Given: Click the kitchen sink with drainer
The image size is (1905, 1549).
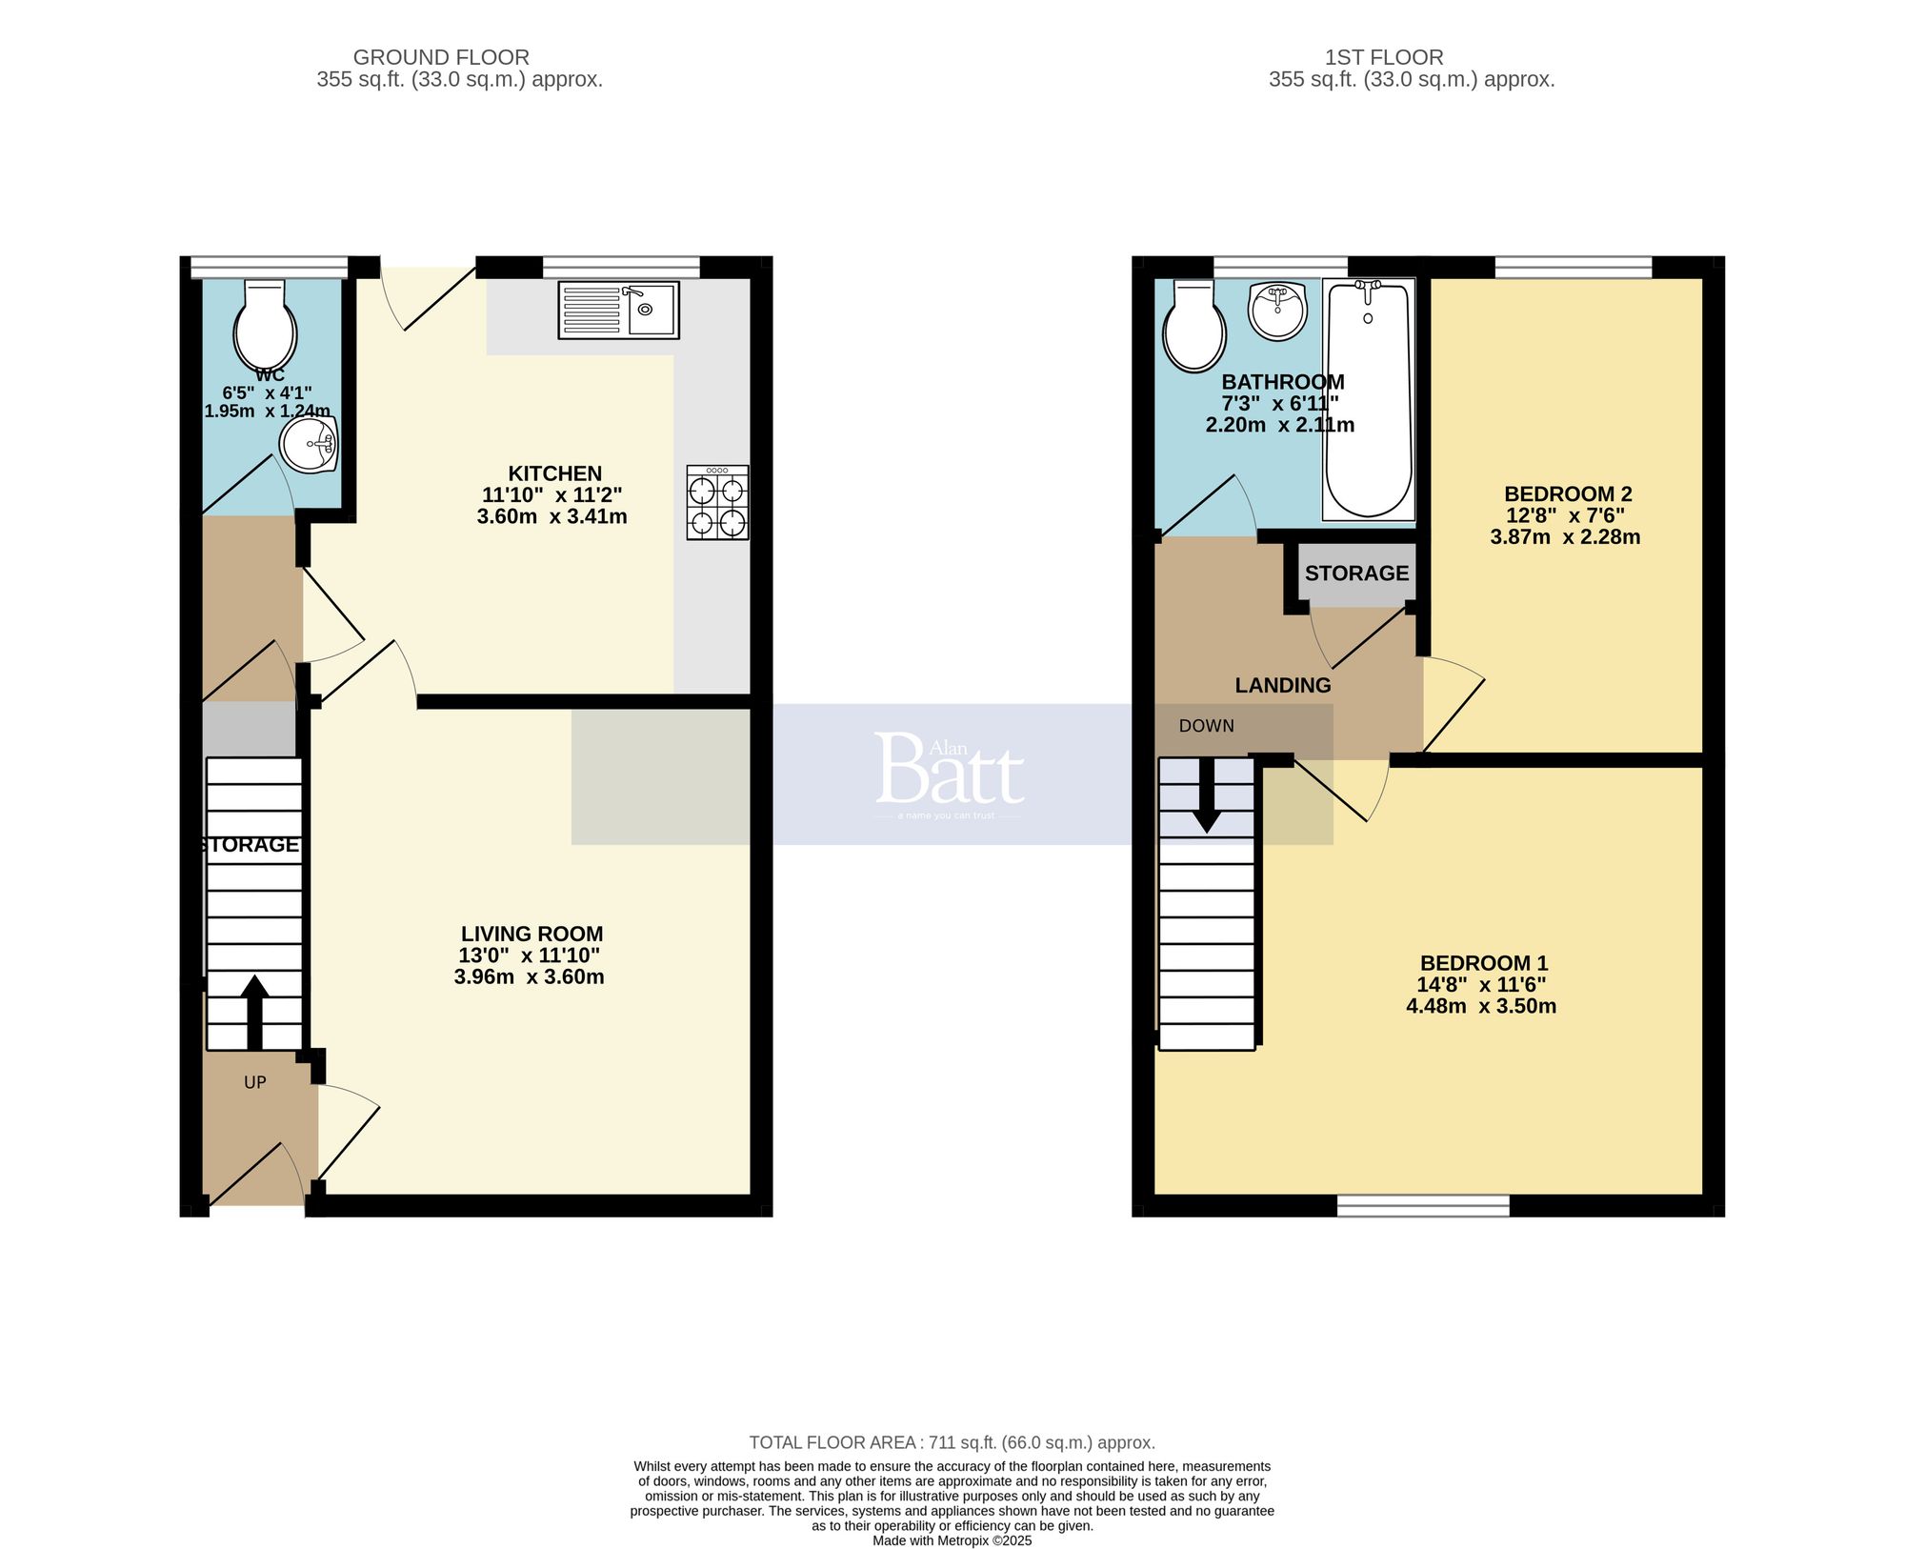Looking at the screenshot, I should coord(618,310).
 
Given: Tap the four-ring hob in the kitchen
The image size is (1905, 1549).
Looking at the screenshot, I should coord(717,503).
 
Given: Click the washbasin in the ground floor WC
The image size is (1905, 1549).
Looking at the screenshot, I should coord(309,446).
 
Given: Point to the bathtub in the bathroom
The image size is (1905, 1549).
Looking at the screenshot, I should coord(1368,398).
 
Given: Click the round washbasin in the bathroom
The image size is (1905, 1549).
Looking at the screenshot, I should coord(1277,311).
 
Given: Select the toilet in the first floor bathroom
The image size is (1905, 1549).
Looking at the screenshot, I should coord(1193,327).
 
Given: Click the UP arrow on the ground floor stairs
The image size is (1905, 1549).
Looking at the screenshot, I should coord(254,1012).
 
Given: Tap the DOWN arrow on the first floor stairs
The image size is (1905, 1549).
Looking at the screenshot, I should coord(1207,796).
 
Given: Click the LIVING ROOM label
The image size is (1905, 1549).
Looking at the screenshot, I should coord(531,935).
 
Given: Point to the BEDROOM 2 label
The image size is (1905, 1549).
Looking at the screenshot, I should coord(1567,493).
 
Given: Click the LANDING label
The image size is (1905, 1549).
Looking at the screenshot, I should coord(1282,685).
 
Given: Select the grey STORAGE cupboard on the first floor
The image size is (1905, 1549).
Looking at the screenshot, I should coord(1356,573).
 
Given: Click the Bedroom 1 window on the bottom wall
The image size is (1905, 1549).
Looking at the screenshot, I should coord(1423,1206).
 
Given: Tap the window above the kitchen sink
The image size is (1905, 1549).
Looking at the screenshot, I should coord(621,267).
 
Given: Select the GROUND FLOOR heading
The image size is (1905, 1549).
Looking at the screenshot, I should coord(441,57).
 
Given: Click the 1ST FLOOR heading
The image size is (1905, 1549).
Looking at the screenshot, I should coord(1383,57).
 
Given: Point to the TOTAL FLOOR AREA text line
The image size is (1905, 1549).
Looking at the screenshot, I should coord(952,1442).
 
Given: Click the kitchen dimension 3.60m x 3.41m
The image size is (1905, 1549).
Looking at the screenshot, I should coord(551,516).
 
